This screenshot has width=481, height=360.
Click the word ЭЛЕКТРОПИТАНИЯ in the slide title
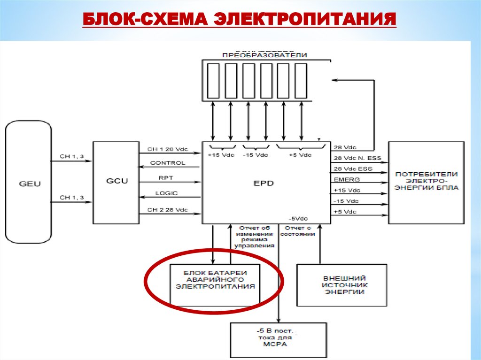click(x=306, y=19)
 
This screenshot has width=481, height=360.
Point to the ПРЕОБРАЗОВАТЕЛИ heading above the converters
click(x=264, y=55)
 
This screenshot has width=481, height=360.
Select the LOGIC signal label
click(x=167, y=193)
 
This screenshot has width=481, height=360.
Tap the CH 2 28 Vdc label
click(x=168, y=210)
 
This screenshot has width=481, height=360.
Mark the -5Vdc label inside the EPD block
click(x=298, y=219)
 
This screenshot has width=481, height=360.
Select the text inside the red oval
click(x=215, y=279)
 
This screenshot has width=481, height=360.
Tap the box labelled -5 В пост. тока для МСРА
click(x=278, y=337)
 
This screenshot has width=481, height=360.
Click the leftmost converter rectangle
click(x=213, y=80)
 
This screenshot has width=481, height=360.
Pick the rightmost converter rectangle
click(x=301, y=80)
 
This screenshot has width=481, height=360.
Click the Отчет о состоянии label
click(x=297, y=231)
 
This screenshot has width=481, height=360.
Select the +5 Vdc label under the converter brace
click(x=300, y=155)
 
